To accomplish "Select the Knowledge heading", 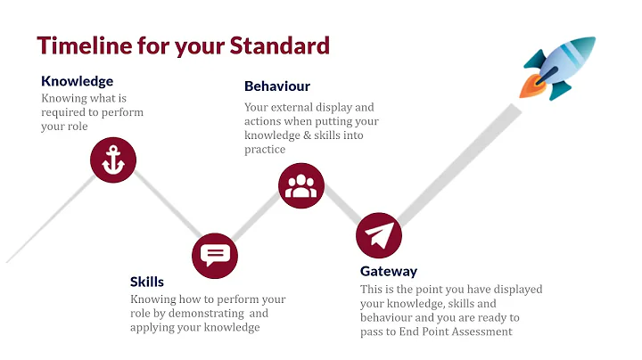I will [x=77, y=82].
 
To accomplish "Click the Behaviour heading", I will [x=277, y=86].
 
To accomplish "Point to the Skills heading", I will [x=147, y=282].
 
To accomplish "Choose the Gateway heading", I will [x=389, y=272].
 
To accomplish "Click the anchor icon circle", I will [x=112, y=161].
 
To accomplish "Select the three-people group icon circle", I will [x=301, y=185].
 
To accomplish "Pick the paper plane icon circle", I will [x=379, y=236].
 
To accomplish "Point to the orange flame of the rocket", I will [x=529, y=88].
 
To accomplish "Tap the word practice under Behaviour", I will [x=265, y=150].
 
